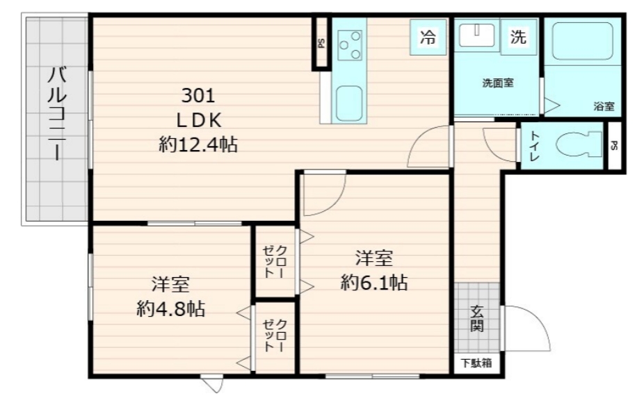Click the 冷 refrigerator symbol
coord(428,38)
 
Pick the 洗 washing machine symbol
coord(518,38)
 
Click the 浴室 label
coord(604,106)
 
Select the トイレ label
coord(534,146)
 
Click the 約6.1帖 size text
coord(373,282)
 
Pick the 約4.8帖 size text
coord(170,308)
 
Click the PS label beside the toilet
coord(614,146)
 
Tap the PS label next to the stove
coord(321,42)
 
